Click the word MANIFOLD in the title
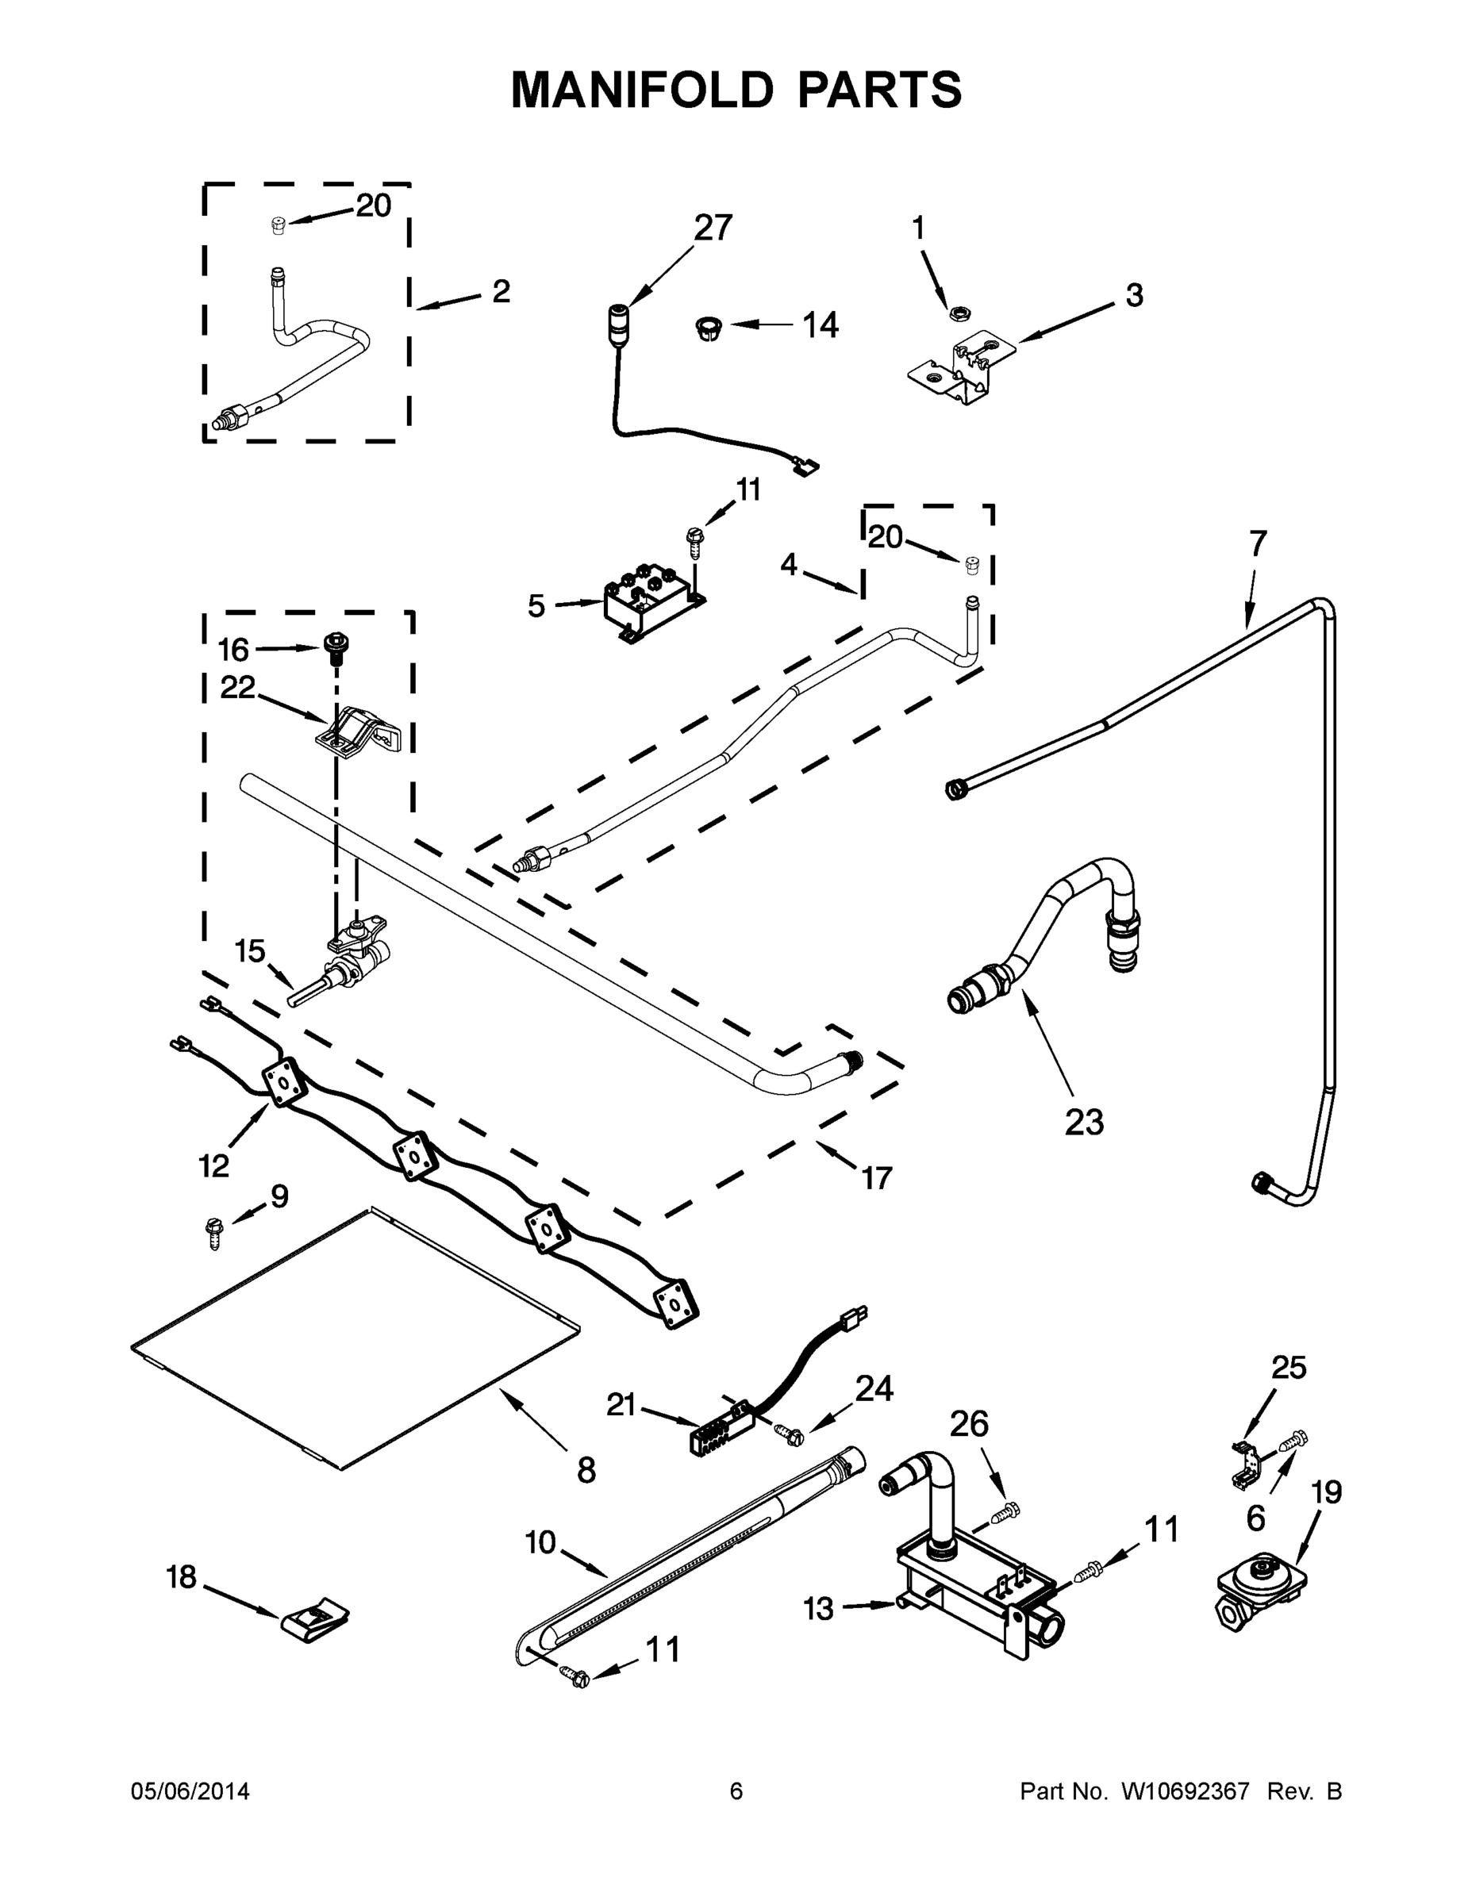click(x=641, y=90)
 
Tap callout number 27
click(x=713, y=228)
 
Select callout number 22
click(x=237, y=688)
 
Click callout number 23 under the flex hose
click(x=1084, y=1122)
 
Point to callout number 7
click(x=1257, y=543)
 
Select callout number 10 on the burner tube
click(x=540, y=1542)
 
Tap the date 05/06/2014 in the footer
click(x=190, y=1791)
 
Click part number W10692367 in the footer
click(x=1185, y=1791)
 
